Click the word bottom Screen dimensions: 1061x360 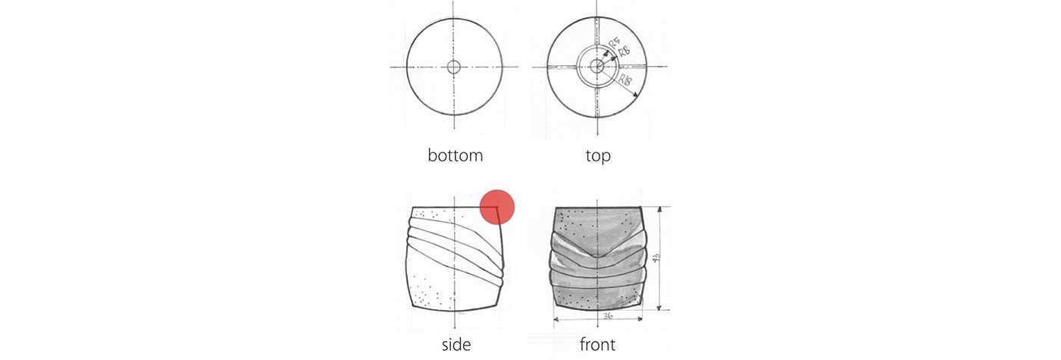(x=455, y=156)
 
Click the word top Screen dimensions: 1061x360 (x=597, y=156)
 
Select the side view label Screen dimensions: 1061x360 (x=455, y=345)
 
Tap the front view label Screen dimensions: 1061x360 (x=597, y=345)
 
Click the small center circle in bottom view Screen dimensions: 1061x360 (x=454, y=67)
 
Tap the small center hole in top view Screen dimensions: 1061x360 (x=597, y=67)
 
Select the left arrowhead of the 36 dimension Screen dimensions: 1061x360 (x=558, y=320)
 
